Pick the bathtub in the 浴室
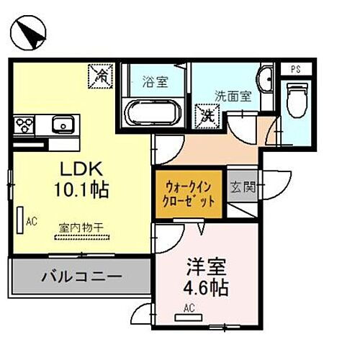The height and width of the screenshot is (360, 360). pyautogui.click(x=152, y=112)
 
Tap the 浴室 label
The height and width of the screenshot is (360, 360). pyautogui.click(x=154, y=81)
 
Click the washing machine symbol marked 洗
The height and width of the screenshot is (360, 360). pyautogui.click(x=207, y=114)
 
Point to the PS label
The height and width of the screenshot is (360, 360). pyautogui.click(x=296, y=70)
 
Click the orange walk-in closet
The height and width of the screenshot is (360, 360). pyautogui.click(x=186, y=192)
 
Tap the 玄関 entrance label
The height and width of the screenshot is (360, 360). pyautogui.click(x=243, y=188)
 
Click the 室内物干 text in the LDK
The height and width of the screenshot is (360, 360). pyautogui.click(x=81, y=228)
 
